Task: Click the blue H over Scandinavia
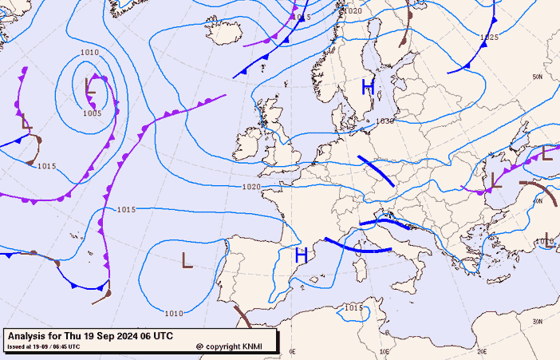[x=368, y=87]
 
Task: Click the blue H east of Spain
[x=302, y=255]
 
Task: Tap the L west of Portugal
[x=187, y=260]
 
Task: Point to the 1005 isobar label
[x=93, y=113]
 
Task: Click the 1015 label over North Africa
[x=353, y=307]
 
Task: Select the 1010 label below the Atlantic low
[x=174, y=313]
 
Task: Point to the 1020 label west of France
[x=250, y=187]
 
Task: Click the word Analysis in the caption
[x=30, y=335]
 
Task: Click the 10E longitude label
[x=385, y=351]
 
